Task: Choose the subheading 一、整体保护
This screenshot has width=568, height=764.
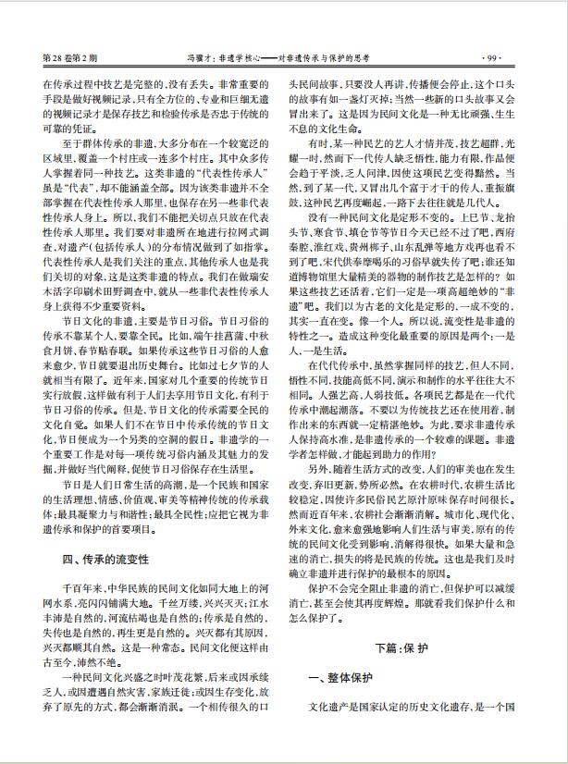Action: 343,680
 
